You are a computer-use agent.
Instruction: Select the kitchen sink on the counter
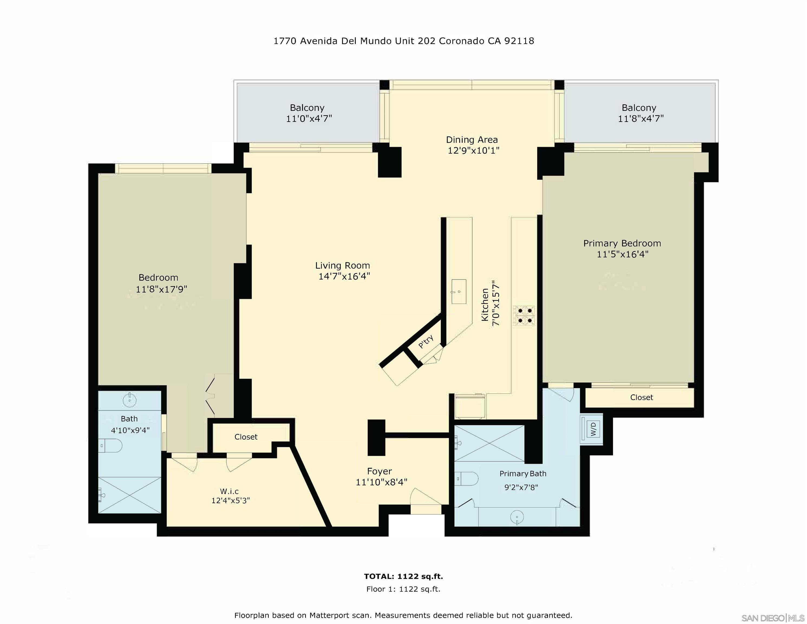(x=459, y=292)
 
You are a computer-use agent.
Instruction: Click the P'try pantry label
(x=426, y=342)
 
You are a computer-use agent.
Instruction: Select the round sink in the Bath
(x=129, y=399)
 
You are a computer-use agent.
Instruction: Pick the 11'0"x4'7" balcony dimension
(x=309, y=119)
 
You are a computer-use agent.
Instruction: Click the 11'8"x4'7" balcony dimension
(x=641, y=119)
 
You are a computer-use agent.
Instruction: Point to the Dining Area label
(x=472, y=140)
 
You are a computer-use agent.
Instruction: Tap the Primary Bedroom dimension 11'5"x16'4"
(x=623, y=254)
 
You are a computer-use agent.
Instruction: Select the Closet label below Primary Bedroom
(x=642, y=397)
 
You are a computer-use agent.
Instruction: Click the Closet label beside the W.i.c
(x=246, y=437)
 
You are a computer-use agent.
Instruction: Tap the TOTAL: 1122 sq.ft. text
(x=403, y=576)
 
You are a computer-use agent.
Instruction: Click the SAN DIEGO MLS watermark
(x=773, y=618)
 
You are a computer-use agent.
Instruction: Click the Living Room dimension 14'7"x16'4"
(x=344, y=277)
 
